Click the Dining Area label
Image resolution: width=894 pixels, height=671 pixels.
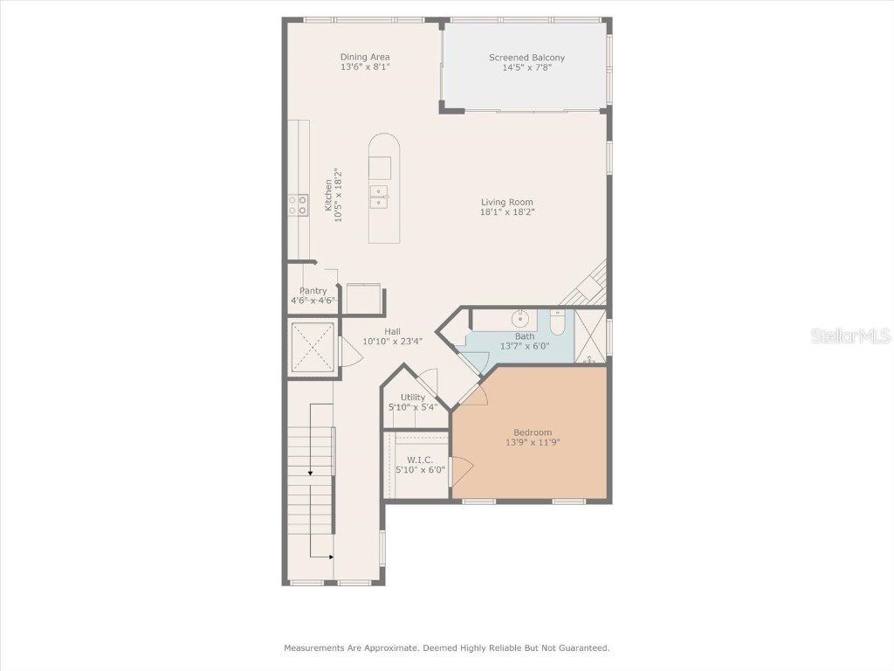tap(365, 58)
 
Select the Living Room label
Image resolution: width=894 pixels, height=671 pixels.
tap(506, 202)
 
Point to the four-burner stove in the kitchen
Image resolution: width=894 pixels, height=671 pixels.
tap(298, 204)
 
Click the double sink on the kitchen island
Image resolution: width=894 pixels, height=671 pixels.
tap(380, 197)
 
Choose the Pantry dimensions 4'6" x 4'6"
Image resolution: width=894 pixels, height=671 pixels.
tap(313, 301)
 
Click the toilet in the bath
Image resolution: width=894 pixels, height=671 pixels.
tap(558, 322)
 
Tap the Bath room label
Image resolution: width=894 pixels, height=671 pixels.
tap(524, 336)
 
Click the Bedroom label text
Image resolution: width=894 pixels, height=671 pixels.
tap(532, 432)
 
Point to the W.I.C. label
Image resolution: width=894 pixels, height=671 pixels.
tap(420, 460)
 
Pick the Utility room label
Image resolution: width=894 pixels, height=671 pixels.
tap(413, 398)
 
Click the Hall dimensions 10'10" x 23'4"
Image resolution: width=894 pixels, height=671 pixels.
tap(392, 341)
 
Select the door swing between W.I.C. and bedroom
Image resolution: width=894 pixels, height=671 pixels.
tap(460, 472)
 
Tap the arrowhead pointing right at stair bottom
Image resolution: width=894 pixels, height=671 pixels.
tap(330, 557)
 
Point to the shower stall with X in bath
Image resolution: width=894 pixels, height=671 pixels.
tap(590, 335)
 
